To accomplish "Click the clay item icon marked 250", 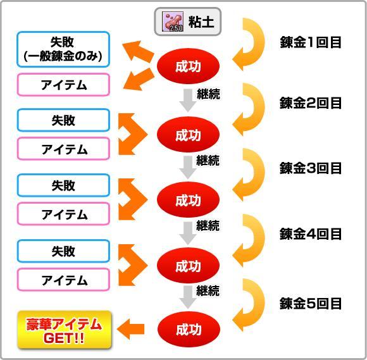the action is pos(173,22).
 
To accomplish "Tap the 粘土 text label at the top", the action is pos(201,22).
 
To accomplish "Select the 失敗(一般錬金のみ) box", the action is pos(63,49).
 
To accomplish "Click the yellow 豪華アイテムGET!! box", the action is pos(65,330).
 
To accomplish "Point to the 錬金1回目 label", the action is pos(310,42).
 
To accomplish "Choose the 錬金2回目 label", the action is pos(310,103).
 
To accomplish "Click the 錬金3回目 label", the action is pos(310,168).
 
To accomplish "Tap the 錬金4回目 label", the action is pos(310,234).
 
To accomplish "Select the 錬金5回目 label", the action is pos(310,303).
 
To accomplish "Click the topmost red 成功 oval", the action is pos(188,66).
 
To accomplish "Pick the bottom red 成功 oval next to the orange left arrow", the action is pos(189,330).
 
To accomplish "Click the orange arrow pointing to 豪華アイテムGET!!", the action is pos(130,329).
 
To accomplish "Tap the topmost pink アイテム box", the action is pos(63,85).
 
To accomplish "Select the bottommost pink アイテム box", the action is pos(63,280).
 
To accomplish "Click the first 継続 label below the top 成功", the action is pos(208,94).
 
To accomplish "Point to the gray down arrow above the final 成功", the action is pos(188,297).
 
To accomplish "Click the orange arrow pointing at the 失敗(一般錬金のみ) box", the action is pos(138,51).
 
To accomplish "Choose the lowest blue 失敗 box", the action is pos(63,251).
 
